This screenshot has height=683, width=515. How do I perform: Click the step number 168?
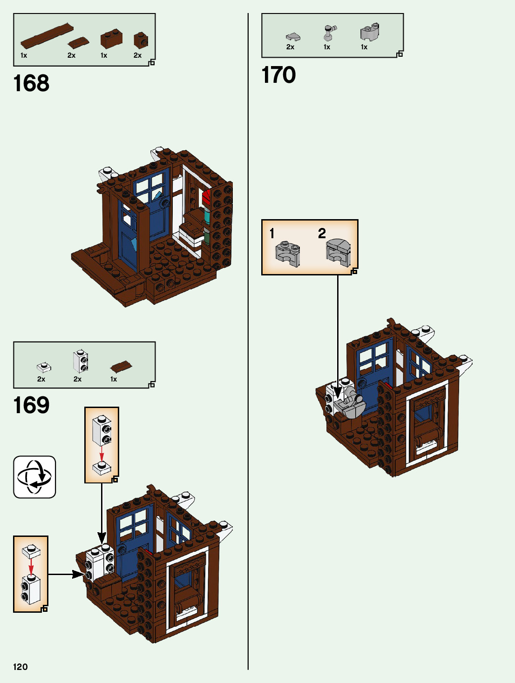point(31,84)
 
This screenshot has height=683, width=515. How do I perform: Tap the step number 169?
point(31,405)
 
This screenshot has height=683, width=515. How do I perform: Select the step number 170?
point(278,75)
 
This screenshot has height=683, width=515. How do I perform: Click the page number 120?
point(20,667)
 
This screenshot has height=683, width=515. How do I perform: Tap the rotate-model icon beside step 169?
point(34,477)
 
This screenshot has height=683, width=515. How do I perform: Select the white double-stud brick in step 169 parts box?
point(81,361)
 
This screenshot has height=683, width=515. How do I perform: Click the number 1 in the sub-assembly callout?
point(272,234)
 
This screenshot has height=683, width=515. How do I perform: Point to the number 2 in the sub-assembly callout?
point(322,233)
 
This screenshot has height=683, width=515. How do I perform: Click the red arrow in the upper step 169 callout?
point(102,454)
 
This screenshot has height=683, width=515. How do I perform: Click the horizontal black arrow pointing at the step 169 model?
point(65,575)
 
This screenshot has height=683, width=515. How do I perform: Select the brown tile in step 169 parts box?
point(121,367)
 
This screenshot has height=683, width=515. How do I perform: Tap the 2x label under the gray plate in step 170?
point(290,47)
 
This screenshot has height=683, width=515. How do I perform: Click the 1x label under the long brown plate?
point(24,55)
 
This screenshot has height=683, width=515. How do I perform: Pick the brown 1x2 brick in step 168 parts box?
point(111,39)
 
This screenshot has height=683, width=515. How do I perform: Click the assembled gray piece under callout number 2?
point(339,252)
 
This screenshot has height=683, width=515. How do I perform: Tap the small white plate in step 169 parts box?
point(44,368)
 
